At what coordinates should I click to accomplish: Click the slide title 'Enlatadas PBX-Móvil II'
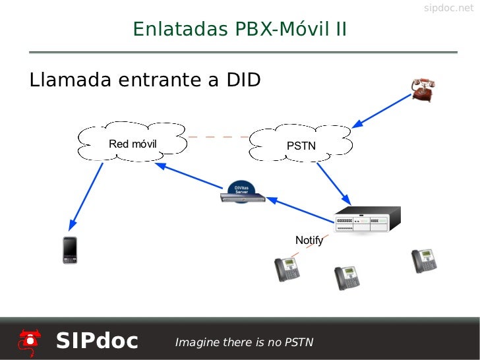(x=239, y=30)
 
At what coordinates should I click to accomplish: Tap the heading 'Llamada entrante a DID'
(x=145, y=80)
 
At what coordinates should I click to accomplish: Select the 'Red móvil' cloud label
(x=133, y=144)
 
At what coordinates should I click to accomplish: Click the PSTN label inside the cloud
(x=301, y=146)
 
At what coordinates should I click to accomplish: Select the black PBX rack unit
(x=367, y=218)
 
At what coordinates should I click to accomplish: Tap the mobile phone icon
(x=70, y=250)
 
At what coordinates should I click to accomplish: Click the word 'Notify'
(x=309, y=240)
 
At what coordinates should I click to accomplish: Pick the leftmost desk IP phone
(x=287, y=268)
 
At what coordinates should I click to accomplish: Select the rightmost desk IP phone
(x=424, y=260)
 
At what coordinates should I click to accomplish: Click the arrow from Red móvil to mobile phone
(x=86, y=195)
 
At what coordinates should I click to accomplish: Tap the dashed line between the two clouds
(x=218, y=137)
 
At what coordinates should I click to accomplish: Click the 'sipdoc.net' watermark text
(x=448, y=8)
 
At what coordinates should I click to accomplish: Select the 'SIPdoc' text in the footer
(x=97, y=341)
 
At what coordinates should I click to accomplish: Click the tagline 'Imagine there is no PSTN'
(x=243, y=342)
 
